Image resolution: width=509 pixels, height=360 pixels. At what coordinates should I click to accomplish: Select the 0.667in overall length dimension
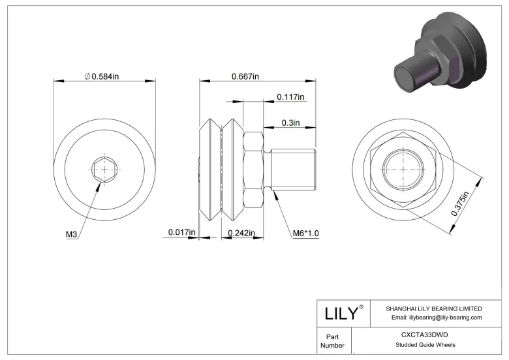pos(245,77)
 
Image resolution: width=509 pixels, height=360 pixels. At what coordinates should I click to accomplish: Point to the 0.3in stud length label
pos(290,122)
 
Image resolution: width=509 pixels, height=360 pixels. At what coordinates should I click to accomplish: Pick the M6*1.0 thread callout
pos(304,233)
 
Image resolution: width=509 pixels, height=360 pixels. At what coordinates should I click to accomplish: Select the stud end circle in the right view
pos(399,170)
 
